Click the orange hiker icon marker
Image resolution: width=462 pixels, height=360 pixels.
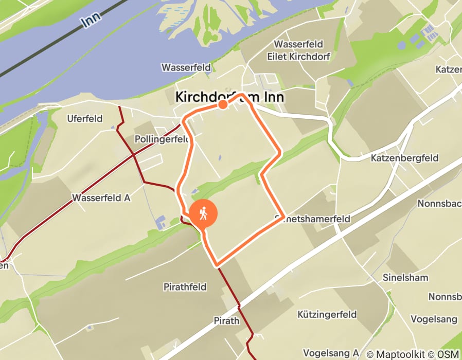point(203,213)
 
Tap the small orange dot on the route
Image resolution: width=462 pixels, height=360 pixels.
point(223,105)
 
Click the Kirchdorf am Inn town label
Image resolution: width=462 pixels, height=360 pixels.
point(229,97)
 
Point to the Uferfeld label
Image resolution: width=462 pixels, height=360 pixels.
point(85,119)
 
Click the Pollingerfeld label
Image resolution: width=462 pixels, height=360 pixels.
point(159,139)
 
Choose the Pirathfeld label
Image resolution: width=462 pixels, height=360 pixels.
point(185,286)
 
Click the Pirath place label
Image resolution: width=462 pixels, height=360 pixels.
point(227,321)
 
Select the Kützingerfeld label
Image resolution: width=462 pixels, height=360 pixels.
point(327,313)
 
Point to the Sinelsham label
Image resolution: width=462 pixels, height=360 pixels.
point(405,278)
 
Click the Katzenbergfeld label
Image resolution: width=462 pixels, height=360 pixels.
point(404,158)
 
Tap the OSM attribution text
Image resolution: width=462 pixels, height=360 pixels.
point(448,354)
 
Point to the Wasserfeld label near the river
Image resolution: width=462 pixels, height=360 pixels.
point(186,67)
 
